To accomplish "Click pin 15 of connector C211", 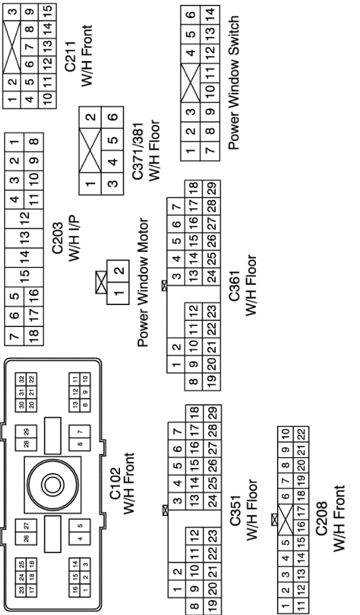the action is [48, 10].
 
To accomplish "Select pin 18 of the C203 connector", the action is [34, 334].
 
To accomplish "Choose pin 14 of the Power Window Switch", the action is [210, 13].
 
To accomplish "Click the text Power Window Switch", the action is [233, 82].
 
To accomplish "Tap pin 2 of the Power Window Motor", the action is [119, 271].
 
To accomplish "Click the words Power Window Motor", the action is [143, 282].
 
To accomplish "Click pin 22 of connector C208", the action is [301, 435].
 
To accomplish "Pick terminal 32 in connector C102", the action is [22, 379].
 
